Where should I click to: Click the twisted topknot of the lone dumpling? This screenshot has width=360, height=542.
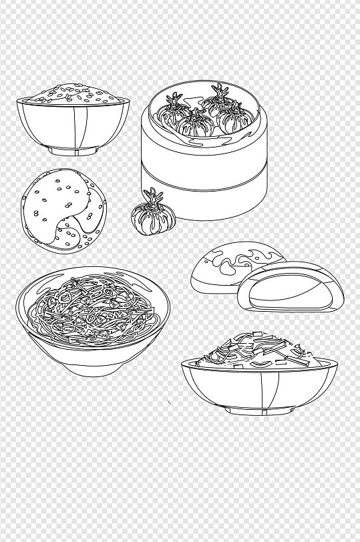point(154,196)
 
